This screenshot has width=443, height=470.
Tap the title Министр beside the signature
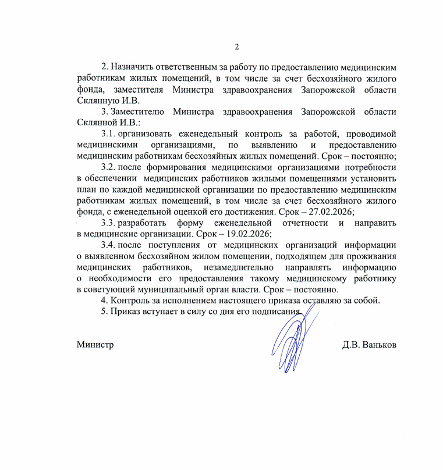(x=95, y=344)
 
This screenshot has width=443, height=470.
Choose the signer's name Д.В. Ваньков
(x=369, y=344)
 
